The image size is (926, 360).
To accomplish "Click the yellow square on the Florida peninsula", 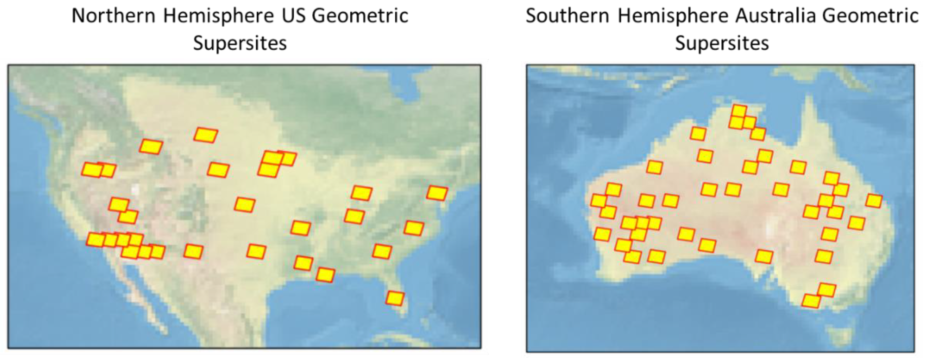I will [x=395, y=298].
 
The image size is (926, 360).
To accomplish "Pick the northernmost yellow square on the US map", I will [x=206, y=135].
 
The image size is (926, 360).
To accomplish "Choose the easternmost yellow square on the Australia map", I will [x=874, y=201].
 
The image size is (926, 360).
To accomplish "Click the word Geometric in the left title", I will [x=360, y=16].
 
